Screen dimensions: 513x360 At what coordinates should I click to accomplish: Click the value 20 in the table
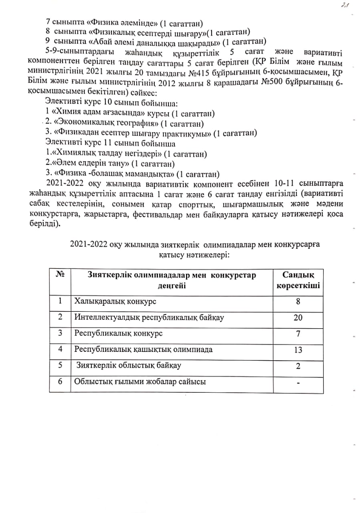(298, 317)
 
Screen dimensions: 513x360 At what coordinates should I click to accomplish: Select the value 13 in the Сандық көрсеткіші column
(298, 349)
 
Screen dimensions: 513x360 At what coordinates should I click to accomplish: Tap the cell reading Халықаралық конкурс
(115, 301)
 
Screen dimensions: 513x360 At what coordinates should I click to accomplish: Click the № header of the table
(60, 275)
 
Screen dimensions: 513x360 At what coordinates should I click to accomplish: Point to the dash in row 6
(298, 383)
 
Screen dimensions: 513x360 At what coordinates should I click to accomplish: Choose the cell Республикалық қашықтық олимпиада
(144, 349)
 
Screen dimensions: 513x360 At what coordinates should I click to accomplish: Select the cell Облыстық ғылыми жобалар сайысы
(140, 382)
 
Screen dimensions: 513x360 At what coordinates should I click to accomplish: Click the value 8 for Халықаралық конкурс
(298, 301)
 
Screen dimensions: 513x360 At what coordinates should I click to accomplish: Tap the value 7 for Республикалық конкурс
(298, 333)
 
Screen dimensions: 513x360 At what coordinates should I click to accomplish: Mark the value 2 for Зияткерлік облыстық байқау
(298, 366)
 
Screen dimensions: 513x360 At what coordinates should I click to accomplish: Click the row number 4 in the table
(60, 349)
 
